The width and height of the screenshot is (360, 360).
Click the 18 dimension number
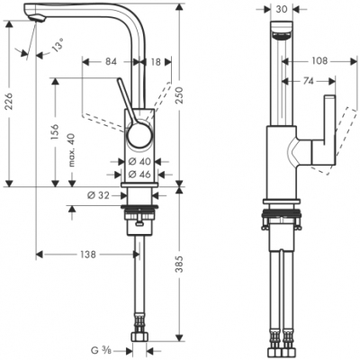(x=157, y=62)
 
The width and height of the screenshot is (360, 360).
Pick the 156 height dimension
(x=56, y=132)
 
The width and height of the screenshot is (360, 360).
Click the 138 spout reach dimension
(x=87, y=255)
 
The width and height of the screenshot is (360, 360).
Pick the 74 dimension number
(x=309, y=81)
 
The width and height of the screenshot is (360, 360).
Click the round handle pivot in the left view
(x=138, y=136)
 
